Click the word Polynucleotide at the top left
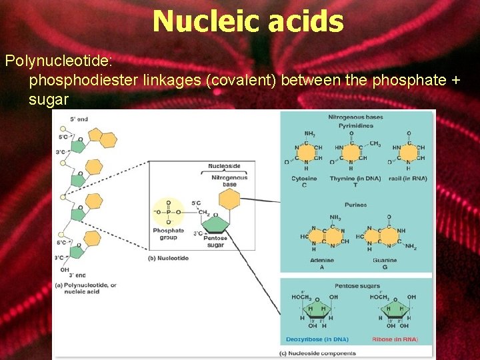(59, 61)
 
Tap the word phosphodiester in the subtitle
(84, 81)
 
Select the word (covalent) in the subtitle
(241, 81)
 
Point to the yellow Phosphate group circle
(168, 211)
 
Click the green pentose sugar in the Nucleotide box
(215, 223)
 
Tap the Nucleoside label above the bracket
(225, 165)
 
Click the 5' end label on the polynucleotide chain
(77, 119)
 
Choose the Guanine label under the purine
(385, 260)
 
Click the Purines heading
(356, 205)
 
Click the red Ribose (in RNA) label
(396, 339)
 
